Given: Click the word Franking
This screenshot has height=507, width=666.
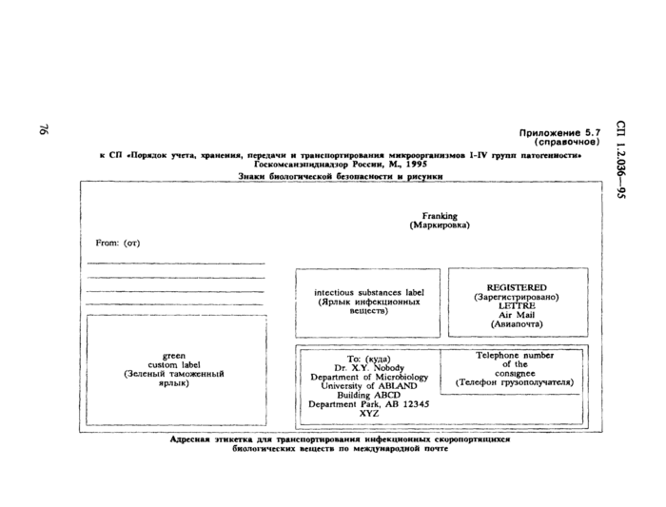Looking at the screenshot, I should [x=440, y=216].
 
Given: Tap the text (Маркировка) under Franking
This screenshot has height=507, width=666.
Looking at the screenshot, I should [x=440, y=226].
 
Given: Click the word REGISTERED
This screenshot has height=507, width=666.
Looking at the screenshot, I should [x=516, y=286].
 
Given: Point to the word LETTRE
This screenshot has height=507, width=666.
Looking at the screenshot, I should [x=516, y=305].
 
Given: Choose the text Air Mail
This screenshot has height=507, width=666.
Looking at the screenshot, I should [x=516, y=315].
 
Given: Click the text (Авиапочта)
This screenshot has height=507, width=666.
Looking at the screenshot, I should [x=516, y=324].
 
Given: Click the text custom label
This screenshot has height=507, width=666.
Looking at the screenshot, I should [x=173, y=364].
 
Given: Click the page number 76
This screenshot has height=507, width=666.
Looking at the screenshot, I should [x=44, y=133].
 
